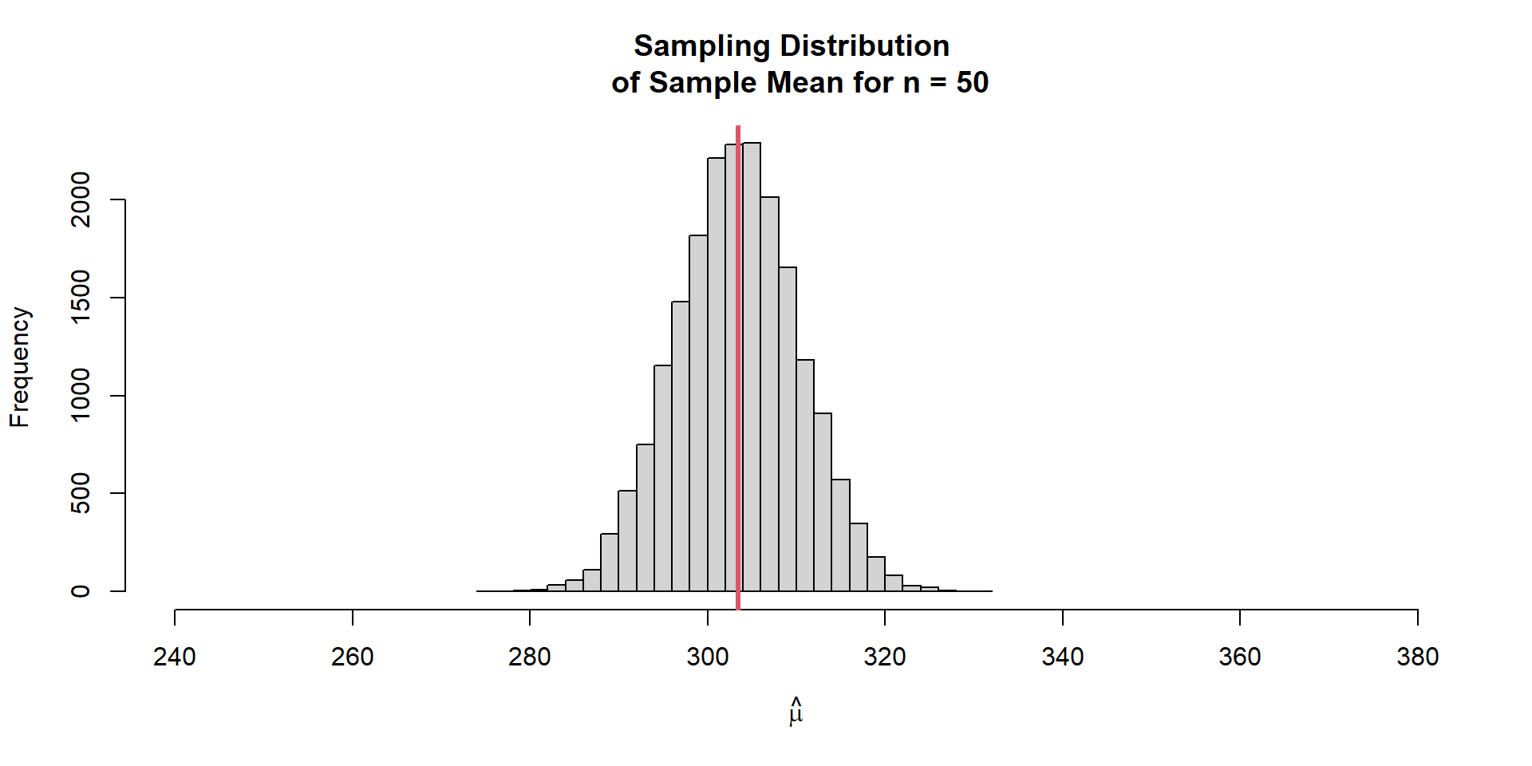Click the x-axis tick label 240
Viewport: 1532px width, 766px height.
point(175,657)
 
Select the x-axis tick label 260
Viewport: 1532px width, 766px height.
point(352,657)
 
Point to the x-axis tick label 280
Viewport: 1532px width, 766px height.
point(530,657)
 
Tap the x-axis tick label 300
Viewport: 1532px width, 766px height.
point(707,657)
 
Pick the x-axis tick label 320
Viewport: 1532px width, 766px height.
point(885,657)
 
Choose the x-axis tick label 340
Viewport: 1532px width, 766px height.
point(1062,657)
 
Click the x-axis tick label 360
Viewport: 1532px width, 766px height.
point(1240,657)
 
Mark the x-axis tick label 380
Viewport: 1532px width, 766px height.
point(1417,657)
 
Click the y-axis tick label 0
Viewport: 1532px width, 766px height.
point(81,591)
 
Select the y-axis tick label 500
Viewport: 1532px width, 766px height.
point(81,493)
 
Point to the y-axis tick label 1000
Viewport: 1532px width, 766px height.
point(81,395)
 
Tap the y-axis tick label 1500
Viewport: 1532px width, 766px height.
point(81,297)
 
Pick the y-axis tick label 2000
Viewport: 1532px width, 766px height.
point(81,199)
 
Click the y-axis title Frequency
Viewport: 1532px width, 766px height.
point(19,367)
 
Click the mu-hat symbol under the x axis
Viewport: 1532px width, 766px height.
point(796,712)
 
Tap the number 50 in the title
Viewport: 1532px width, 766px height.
point(972,82)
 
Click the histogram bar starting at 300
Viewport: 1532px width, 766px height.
point(716,375)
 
